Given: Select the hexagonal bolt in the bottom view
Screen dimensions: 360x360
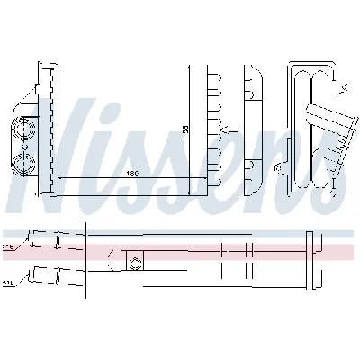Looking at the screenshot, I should pyautogui.click(x=137, y=263).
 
